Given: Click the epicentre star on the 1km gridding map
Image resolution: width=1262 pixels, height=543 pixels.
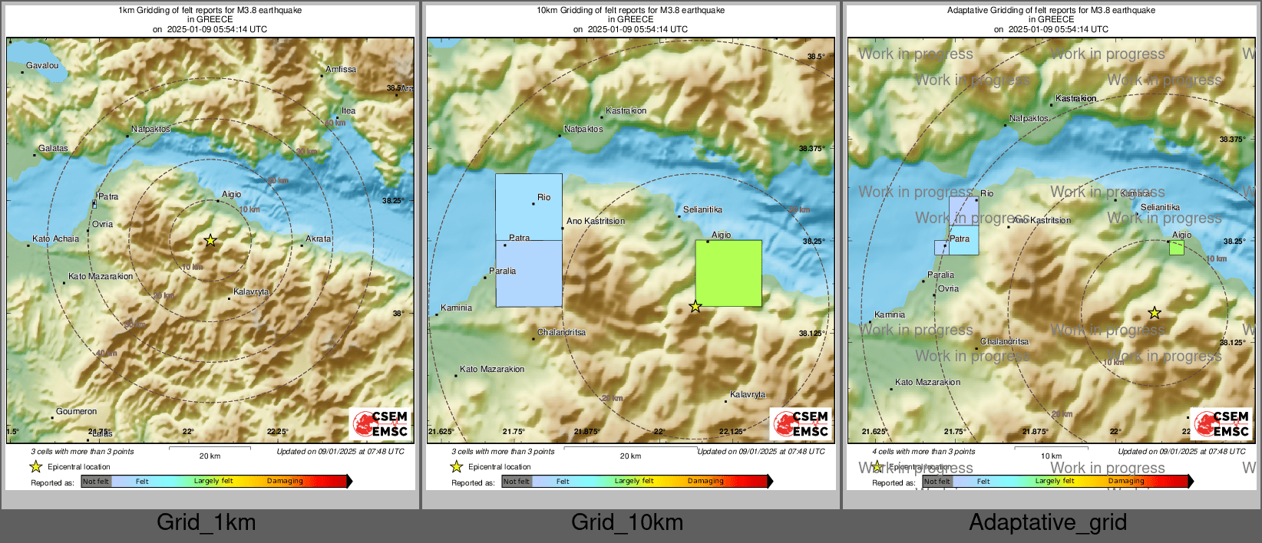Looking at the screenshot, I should (210, 241).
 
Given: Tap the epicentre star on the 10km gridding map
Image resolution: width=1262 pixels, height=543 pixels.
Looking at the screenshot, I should (695, 307).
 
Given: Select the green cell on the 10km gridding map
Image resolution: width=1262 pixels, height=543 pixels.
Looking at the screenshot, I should (728, 274).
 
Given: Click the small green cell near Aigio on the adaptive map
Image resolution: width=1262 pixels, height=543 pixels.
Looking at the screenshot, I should (1176, 248).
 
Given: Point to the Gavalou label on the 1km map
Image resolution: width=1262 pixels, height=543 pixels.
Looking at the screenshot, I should (42, 66).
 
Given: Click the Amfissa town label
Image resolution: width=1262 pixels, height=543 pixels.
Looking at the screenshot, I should (341, 70).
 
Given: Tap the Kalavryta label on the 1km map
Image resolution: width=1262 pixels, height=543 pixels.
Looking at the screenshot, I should (251, 292).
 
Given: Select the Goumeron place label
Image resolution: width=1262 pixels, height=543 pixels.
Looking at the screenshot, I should (76, 412).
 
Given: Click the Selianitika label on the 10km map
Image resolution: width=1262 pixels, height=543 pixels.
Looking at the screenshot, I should (702, 210).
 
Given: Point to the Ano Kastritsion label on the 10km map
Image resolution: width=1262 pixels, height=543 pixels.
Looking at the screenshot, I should (596, 222).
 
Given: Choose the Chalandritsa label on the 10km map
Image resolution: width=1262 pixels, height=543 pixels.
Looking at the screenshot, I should (561, 333).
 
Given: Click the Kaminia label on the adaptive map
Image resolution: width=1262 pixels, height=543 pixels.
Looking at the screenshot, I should (890, 315).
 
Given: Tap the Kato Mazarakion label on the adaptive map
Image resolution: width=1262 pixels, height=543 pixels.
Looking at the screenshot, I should (927, 383).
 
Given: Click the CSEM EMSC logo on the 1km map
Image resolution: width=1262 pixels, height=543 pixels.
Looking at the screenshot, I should (379, 424).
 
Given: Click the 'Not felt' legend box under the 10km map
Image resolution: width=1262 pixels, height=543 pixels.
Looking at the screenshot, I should (517, 482).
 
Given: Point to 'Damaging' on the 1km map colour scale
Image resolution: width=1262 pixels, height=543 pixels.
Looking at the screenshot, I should (285, 482).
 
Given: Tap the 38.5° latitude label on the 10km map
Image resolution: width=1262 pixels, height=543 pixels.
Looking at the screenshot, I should (815, 57).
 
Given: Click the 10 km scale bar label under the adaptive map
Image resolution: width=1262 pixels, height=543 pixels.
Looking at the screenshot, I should (1051, 456).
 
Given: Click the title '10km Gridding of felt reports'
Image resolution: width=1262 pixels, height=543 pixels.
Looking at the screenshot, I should (630, 11).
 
